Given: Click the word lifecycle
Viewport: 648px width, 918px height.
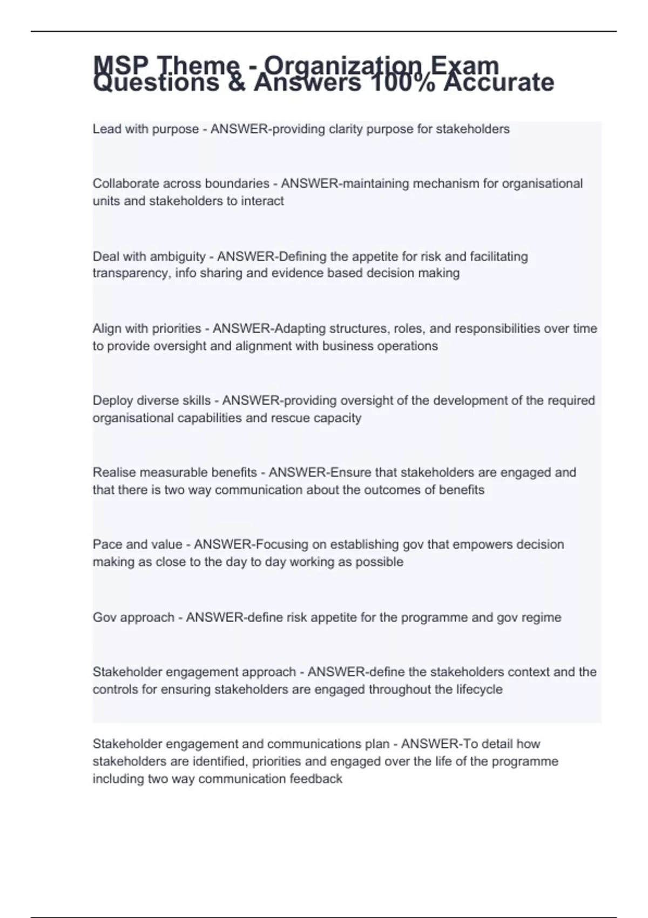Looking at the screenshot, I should [x=479, y=690].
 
